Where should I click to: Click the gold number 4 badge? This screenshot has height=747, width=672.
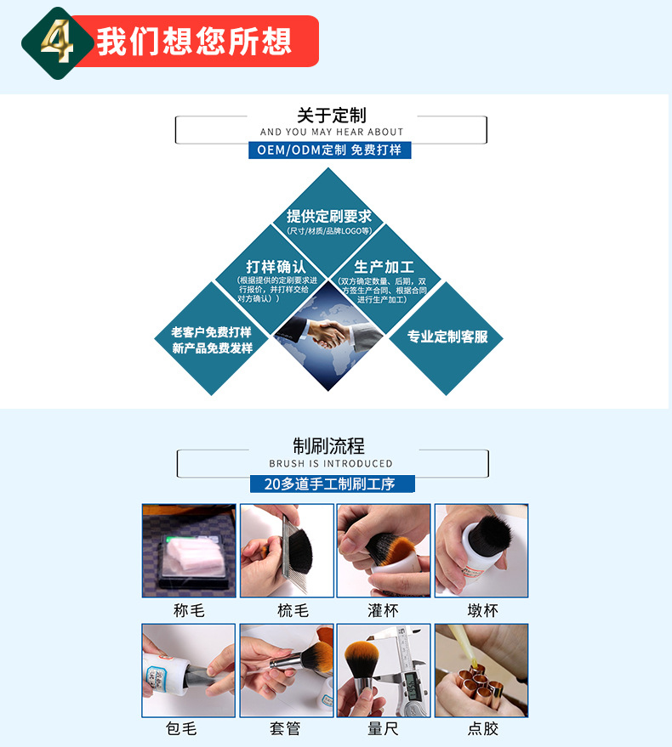click(x=56, y=39)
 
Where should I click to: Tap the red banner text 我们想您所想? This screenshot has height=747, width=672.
click(x=194, y=41)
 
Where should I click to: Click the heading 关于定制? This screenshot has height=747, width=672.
click(x=331, y=115)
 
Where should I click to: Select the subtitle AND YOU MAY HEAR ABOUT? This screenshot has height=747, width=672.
click(x=332, y=132)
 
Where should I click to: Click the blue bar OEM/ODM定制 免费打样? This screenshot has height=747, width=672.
click(x=331, y=150)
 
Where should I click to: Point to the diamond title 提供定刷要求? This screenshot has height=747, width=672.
click(x=329, y=216)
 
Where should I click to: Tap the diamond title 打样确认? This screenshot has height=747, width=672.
click(x=276, y=267)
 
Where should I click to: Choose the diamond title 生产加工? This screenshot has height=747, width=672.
click(x=384, y=267)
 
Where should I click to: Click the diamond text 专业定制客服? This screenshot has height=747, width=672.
click(x=447, y=337)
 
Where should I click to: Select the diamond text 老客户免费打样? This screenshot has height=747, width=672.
click(x=212, y=332)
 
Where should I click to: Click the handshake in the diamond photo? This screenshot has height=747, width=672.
click(x=327, y=333)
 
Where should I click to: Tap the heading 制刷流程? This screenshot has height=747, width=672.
click(x=328, y=445)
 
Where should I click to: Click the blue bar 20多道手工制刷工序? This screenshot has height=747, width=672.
click(x=333, y=484)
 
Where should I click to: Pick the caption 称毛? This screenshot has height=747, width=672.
click(x=189, y=610)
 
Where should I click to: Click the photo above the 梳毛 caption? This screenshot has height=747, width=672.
click(x=287, y=551)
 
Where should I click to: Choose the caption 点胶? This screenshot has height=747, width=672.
click(x=482, y=728)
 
